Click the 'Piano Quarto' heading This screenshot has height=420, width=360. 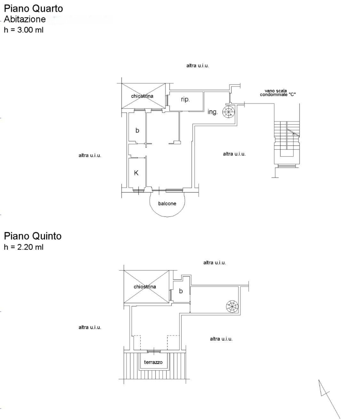click(33, 9)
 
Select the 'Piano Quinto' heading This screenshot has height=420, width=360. click(33, 236)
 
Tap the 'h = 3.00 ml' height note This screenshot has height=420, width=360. click(24, 30)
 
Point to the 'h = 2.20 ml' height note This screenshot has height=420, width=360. click(24, 247)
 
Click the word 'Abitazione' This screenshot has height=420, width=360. click(25, 19)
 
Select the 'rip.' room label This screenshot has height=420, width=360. click(185, 99)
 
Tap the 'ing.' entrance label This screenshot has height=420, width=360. click(212, 112)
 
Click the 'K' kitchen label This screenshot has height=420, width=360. click(136, 173)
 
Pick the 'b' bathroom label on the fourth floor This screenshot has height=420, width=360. click(137, 130)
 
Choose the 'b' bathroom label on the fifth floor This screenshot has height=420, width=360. click(181, 291)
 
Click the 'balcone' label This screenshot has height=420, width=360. click(167, 203)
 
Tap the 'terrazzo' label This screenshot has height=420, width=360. click(153, 362)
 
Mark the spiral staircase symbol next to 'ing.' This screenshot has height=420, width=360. click(228, 112)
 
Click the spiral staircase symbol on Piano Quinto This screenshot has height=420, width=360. click(232, 307)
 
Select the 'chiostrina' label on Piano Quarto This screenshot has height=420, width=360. click(142, 96)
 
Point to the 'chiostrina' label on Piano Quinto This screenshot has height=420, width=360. click(145, 287)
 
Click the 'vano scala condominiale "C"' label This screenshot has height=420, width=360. click(278, 93)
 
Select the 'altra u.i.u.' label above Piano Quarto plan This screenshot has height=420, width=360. click(197, 66)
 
